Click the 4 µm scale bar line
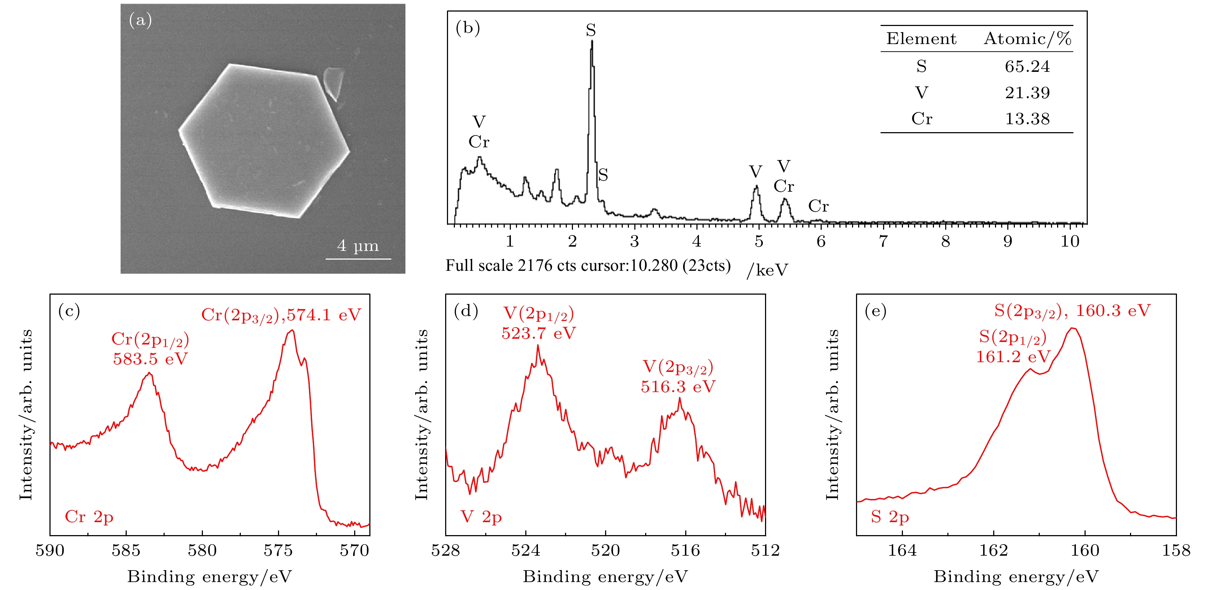[358, 259]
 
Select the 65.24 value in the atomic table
[1027, 66]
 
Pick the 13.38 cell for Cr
[1027, 119]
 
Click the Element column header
[921, 39]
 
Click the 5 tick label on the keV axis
[759, 242]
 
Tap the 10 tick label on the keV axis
[1070, 242]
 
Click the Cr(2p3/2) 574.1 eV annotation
[281, 315]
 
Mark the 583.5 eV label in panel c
[150, 359]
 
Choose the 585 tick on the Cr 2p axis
[126, 550]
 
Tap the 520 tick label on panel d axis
[605, 550]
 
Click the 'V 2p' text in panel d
[481, 517]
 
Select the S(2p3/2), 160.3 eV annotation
[1072, 311]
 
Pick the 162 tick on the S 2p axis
[993, 550]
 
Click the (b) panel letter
[468, 28]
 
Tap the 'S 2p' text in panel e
[890, 517]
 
